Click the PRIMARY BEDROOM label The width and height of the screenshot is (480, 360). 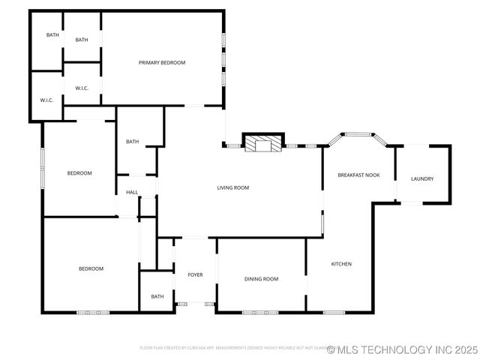tap(162, 62)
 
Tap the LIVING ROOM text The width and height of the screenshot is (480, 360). tap(232, 187)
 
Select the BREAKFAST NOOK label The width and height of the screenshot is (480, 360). tap(358, 175)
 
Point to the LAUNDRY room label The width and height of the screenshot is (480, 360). tap(422, 178)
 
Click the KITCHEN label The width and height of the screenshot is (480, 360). tap(341, 264)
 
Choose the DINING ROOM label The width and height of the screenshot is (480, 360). tap(261, 279)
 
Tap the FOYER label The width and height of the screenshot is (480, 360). tap(195, 275)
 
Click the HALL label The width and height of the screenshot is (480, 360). tap(132, 193)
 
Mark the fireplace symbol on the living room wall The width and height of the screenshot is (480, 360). tap(263, 142)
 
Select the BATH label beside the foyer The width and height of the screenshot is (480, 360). tap(157, 296)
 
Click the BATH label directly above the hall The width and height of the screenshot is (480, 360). tap(132, 142)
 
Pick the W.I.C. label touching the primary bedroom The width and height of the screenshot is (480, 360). tap(82, 88)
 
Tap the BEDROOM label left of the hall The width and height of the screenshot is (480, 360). tap(79, 173)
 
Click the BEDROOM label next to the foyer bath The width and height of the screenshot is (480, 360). tap(91, 268)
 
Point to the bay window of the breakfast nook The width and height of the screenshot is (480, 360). tap(358, 135)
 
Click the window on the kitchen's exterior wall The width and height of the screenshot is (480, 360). tap(334, 312)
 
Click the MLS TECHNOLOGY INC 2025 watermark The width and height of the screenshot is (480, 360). tap(406, 349)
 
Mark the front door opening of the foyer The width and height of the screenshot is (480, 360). tap(195, 303)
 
